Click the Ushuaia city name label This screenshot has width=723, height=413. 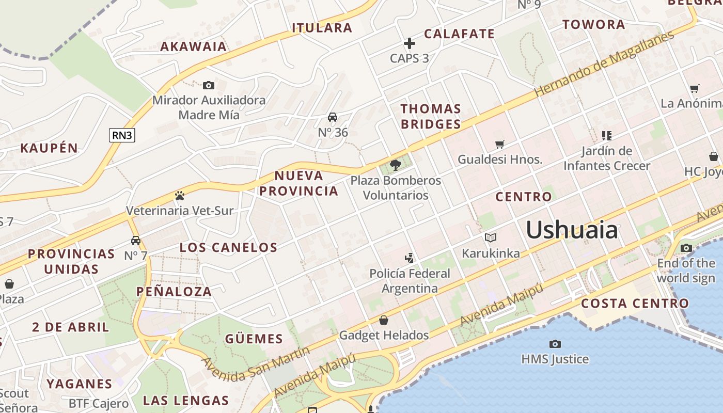point(572,230)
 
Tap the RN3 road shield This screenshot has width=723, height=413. point(122,135)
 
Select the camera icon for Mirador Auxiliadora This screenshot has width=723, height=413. point(209,85)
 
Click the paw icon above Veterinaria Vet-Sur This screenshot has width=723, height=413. point(180,196)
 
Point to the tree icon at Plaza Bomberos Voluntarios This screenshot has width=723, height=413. point(396,165)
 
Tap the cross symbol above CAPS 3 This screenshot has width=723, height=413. point(410,43)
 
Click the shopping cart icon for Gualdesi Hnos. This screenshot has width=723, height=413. point(499,145)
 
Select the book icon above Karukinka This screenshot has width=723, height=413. point(491,238)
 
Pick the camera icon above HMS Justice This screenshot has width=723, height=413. point(555,344)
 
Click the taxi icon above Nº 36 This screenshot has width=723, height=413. point(333,117)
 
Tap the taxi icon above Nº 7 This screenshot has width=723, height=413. point(136,241)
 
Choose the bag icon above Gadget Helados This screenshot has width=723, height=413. point(384,320)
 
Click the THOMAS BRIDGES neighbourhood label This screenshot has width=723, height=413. point(431,116)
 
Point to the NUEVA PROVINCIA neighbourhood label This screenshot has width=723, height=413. point(298,183)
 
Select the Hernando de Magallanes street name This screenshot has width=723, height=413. point(604,63)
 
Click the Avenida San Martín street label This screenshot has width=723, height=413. point(255,364)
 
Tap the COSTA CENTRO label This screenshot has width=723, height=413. point(635,303)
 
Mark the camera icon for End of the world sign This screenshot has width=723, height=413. point(686,248)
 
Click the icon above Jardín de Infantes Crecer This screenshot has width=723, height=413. point(607,136)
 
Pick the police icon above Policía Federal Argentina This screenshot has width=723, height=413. point(410,258)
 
